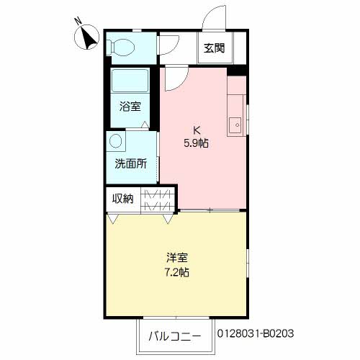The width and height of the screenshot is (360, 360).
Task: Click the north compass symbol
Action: click(89, 38)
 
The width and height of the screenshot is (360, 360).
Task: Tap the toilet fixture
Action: click(122, 47)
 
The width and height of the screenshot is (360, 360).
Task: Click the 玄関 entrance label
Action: click(213, 49)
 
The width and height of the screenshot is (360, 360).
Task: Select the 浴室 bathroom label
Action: click(130, 107)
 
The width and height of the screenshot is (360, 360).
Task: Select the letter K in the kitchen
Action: click(195, 130)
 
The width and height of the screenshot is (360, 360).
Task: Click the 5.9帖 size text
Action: click(195, 143)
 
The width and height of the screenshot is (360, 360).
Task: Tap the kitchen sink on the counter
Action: click(234, 125)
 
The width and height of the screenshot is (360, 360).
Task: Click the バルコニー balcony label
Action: click(175, 335)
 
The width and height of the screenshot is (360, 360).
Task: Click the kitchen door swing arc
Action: click(173, 78)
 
